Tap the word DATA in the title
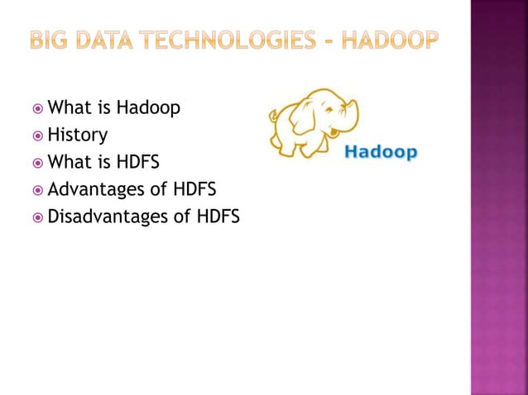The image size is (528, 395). pyautogui.click(x=103, y=39)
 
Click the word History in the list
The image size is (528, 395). pyautogui.click(x=78, y=134)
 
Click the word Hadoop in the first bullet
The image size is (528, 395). pyautogui.click(x=148, y=107)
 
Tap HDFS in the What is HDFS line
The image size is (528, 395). pyautogui.click(x=137, y=160)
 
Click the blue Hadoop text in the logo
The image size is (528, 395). pyautogui.click(x=380, y=153)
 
